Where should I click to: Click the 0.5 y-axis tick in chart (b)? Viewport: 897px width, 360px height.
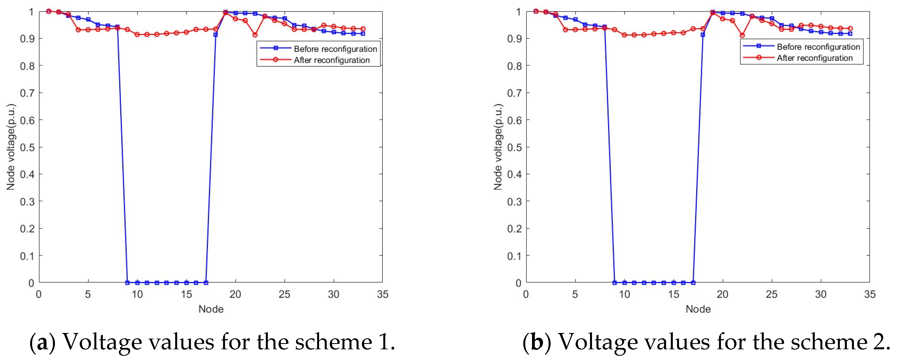point(514,147)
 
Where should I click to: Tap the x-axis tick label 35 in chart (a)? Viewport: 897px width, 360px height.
point(382,294)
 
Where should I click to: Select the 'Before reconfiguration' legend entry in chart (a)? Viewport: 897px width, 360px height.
point(335,49)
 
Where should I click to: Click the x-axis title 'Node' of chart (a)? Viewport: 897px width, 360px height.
point(211,309)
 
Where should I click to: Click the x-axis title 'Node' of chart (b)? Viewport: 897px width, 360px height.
point(698,309)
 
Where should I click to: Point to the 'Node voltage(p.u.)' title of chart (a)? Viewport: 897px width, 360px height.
point(11,147)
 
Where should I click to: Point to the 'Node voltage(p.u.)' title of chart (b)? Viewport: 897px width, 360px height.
point(498,147)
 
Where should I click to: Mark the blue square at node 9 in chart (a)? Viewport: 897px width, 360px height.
point(128,283)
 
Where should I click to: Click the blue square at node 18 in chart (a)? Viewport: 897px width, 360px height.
point(215,35)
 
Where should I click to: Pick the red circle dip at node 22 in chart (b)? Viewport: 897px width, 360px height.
point(742,35)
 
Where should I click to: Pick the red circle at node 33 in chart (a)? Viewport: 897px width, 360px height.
point(363,29)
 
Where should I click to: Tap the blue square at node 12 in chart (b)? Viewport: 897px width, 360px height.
point(644,283)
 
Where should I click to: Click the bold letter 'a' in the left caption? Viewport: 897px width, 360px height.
point(42,343)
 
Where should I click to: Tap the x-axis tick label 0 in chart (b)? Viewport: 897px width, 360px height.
point(526,294)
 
